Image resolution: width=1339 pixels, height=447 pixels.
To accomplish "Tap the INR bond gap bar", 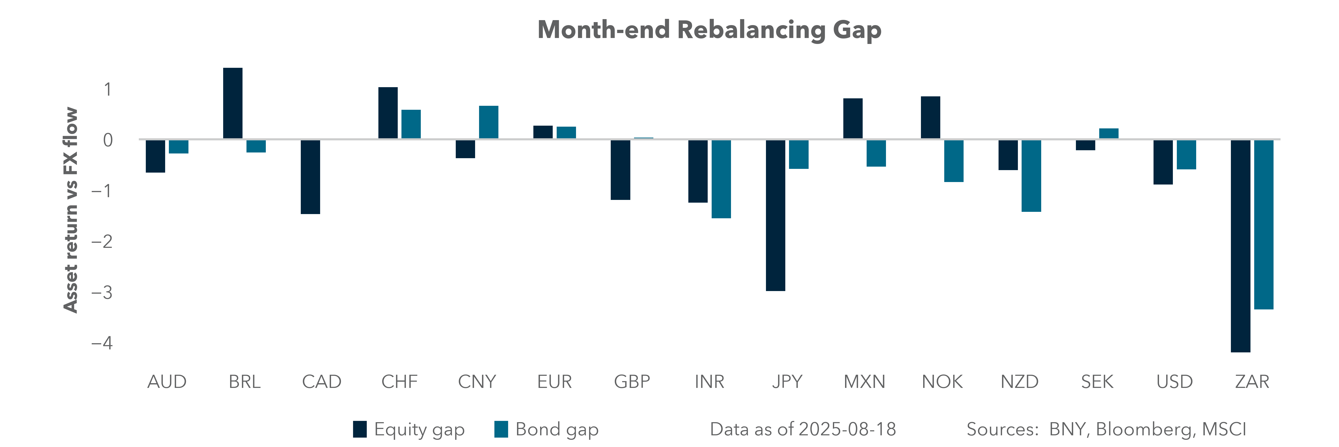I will tap(721, 179).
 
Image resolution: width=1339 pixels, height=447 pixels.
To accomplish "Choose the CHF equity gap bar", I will tap(388, 113).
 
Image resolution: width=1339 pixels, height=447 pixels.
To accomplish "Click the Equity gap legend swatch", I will tap(360, 429).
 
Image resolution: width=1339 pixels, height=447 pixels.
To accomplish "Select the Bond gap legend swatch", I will tap(501, 429).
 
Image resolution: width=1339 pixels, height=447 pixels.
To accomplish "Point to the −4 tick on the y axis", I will tap(102, 343).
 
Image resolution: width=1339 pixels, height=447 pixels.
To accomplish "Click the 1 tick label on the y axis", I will tap(108, 89).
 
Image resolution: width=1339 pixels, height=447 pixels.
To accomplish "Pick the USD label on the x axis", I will tap(1174, 382).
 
